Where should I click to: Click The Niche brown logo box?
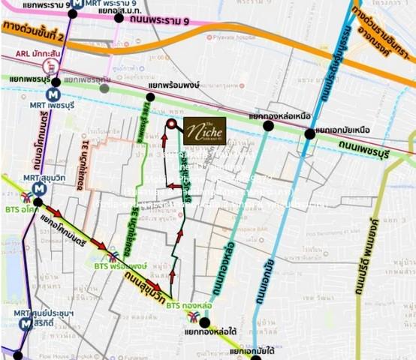[204, 132]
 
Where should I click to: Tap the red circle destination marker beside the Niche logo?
[171, 124]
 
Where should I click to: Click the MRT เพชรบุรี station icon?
[52, 95]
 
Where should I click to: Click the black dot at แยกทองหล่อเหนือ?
[269, 126]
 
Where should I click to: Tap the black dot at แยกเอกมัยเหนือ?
[310, 133]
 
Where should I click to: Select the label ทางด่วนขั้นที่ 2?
[35, 31]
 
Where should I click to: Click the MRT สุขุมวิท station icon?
[38, 190]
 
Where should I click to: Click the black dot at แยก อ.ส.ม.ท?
[119, 16]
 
